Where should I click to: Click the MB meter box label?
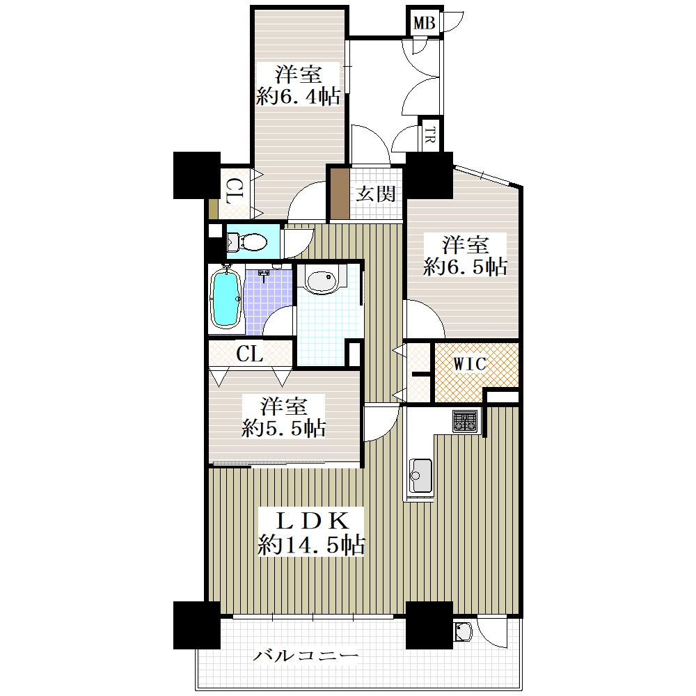pyautogui.click(x=424, y=23)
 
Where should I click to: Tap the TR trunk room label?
pyautogui.click(x=429, y=134)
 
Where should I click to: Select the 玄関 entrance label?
pyautogui.click(x=376, y=194)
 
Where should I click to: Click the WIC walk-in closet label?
pyautogui.click(x=470, y=364)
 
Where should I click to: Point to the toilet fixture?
pyautogui.click(x=247, y=242)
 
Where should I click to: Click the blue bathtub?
pyautogui.click(x=226, y=299)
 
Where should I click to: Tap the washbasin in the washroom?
pyautogui.click(x=322, y=280)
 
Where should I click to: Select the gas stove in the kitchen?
pyautogui.click(x=465, y=421)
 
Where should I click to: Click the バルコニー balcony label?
pyautogui.click(x=306, y=656)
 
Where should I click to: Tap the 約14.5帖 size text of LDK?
pyautogui.click(x=311, y=544)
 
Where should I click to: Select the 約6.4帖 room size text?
pyautogui.click(x=299, y=96)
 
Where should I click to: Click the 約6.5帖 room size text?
pyautogui.click(x=465, y=267)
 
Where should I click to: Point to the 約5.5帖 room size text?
pyautogui.click(x=284, y=428)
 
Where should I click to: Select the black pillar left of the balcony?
pyautogui.click(x=197, y=625)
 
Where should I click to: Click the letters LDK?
pyautogui.click(x=312, y=521)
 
